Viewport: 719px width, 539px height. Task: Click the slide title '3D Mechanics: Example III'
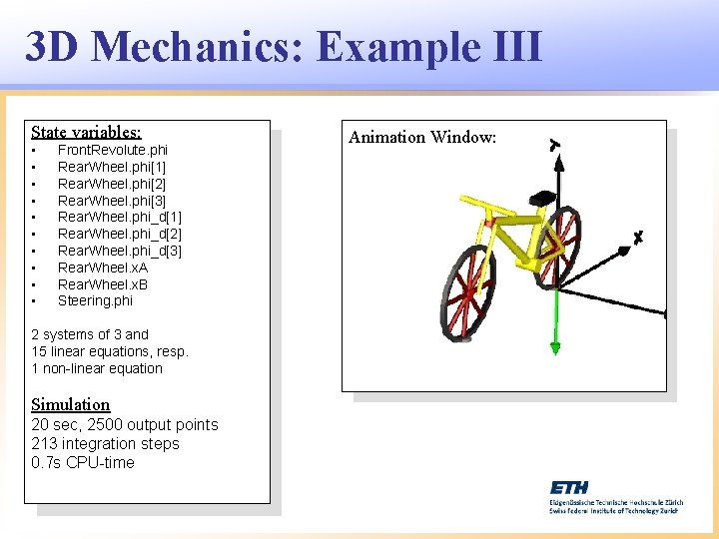284,47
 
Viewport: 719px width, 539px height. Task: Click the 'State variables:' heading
86,132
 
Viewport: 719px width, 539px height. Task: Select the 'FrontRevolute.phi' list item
112,150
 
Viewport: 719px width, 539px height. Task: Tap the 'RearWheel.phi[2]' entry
112,184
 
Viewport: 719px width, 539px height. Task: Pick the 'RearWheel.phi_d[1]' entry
120,217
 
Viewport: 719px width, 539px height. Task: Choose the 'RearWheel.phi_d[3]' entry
120,251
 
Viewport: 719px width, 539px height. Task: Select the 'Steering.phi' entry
95,300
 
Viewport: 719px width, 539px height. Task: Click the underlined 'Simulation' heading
71,404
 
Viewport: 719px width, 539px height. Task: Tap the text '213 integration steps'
106,443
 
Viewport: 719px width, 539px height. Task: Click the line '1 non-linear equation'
97,368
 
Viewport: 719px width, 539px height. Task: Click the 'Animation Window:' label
422,137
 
